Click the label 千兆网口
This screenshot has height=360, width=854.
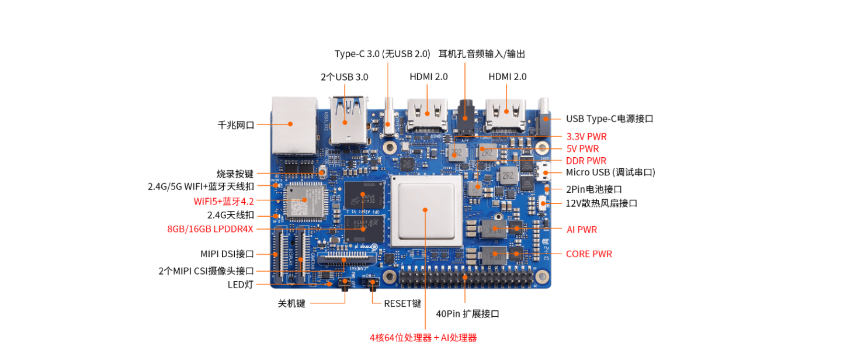click(x=236, y=124)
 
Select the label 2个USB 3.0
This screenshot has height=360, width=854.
click(x=345, y=77)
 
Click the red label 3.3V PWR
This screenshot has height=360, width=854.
click(x=586, y=137)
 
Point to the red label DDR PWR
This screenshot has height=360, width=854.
click(x=586, y=161)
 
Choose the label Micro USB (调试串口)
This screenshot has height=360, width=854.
click(x=610, y=172)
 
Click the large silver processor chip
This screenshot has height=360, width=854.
click(x=425, y=209)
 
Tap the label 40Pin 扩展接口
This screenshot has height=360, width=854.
click(x=468, y=314)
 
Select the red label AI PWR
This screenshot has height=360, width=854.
click(x=582, y=230)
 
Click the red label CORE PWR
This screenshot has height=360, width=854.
click(x=589, y=254)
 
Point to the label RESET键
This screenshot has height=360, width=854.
click(x=402, y=303)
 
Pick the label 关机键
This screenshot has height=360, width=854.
click(x=291, y=303)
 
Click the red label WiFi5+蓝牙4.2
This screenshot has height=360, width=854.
click(x=224, y=201)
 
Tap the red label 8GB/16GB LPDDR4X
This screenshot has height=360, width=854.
click(x=210, y=229)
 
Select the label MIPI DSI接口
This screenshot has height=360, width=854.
click(x=227, y=254)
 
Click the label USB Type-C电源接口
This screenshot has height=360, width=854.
click(x=609, y=119)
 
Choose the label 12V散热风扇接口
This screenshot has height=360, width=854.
click(x=601, y=203)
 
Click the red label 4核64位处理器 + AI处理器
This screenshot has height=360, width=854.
click(x=423, y=338)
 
